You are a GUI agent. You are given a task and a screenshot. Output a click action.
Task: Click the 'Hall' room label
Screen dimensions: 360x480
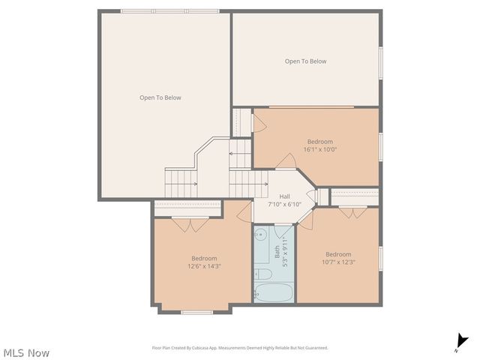pos(284,196)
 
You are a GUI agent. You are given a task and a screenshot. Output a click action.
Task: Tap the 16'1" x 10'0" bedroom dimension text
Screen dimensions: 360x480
pos(319,149)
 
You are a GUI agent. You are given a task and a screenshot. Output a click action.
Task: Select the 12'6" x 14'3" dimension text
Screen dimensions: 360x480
pos(204,266)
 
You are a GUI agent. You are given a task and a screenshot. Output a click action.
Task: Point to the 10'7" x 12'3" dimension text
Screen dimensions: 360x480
pos(338,262)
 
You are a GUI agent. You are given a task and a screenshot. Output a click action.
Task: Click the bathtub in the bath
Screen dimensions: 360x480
pos(273,293)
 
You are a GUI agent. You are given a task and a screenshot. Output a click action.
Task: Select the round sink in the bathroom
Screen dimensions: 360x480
pos(260,235)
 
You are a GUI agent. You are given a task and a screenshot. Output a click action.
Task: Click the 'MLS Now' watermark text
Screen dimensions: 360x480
pos(26,352)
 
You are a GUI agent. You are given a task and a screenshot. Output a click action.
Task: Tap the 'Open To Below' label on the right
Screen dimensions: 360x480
pos(305,61)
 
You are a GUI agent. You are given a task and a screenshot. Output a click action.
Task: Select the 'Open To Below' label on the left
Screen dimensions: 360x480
pos(160,97)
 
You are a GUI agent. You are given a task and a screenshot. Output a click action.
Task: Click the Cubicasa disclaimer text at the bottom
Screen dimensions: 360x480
pos(240,348)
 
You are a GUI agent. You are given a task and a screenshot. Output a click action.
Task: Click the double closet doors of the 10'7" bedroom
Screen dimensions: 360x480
pos(346,212)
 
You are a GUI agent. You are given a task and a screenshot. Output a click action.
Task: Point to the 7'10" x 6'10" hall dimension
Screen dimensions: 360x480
pos(284,204)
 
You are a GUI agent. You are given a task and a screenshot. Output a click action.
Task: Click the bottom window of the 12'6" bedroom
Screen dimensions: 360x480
pos(196,312)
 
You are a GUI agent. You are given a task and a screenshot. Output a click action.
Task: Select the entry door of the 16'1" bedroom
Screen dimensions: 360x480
pos(286,162)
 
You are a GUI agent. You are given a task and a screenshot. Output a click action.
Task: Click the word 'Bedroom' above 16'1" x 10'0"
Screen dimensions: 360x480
pos(319,141)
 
